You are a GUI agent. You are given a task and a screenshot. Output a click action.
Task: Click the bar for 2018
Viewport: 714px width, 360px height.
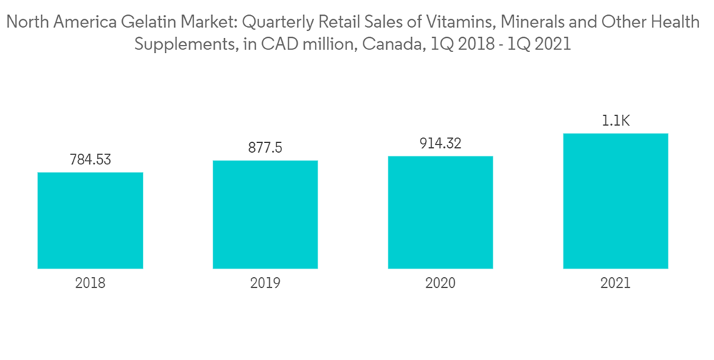click(90, 220)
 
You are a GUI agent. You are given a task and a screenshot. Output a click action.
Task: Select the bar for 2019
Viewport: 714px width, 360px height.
click(265, 214)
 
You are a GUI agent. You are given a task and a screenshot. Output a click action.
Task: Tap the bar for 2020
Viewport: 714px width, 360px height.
click(441, 212)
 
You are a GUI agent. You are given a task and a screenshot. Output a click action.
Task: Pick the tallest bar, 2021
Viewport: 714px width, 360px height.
click(615, 201)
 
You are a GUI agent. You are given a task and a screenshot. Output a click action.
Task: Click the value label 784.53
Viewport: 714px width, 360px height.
click(90, 160)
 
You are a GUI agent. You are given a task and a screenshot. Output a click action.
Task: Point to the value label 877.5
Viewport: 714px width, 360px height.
click(265, 148)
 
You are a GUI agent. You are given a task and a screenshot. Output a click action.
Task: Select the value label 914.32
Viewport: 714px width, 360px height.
click(441, 144)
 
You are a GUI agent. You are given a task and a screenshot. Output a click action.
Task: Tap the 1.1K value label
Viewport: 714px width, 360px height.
click(615, 121)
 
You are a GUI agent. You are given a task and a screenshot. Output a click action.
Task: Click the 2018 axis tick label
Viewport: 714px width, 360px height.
click(90, 283)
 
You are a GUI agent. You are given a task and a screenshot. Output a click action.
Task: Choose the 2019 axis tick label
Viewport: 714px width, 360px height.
click(265, 283)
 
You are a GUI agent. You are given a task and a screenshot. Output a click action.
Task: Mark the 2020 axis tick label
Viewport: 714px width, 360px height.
click(441, 283)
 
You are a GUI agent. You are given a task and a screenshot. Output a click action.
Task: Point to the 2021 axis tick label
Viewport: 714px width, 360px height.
click(615, 283)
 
